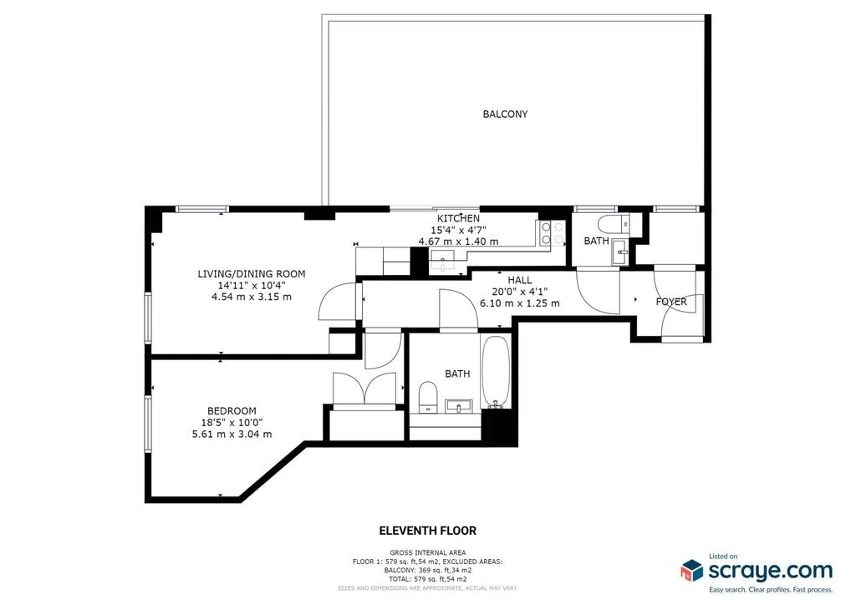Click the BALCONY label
coord(505,114)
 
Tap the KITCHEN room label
coord(458,218)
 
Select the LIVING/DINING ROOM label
coord(251,274)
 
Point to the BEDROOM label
coord(232,411)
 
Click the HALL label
coord(520,280)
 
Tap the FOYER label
coord(671,302)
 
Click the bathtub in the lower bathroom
coord(495,373)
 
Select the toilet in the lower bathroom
coord(427,397)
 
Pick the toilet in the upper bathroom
coord(614,224)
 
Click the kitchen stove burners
coord(551,233)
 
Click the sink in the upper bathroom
coord(620,251)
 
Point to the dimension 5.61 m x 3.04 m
coord(232,435)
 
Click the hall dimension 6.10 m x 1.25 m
coord(520,303)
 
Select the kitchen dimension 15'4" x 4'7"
coord(458,230)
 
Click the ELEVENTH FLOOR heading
coord(427,531)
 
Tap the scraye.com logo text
coord(770,572)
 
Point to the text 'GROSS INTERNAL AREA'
coord(428,552)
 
